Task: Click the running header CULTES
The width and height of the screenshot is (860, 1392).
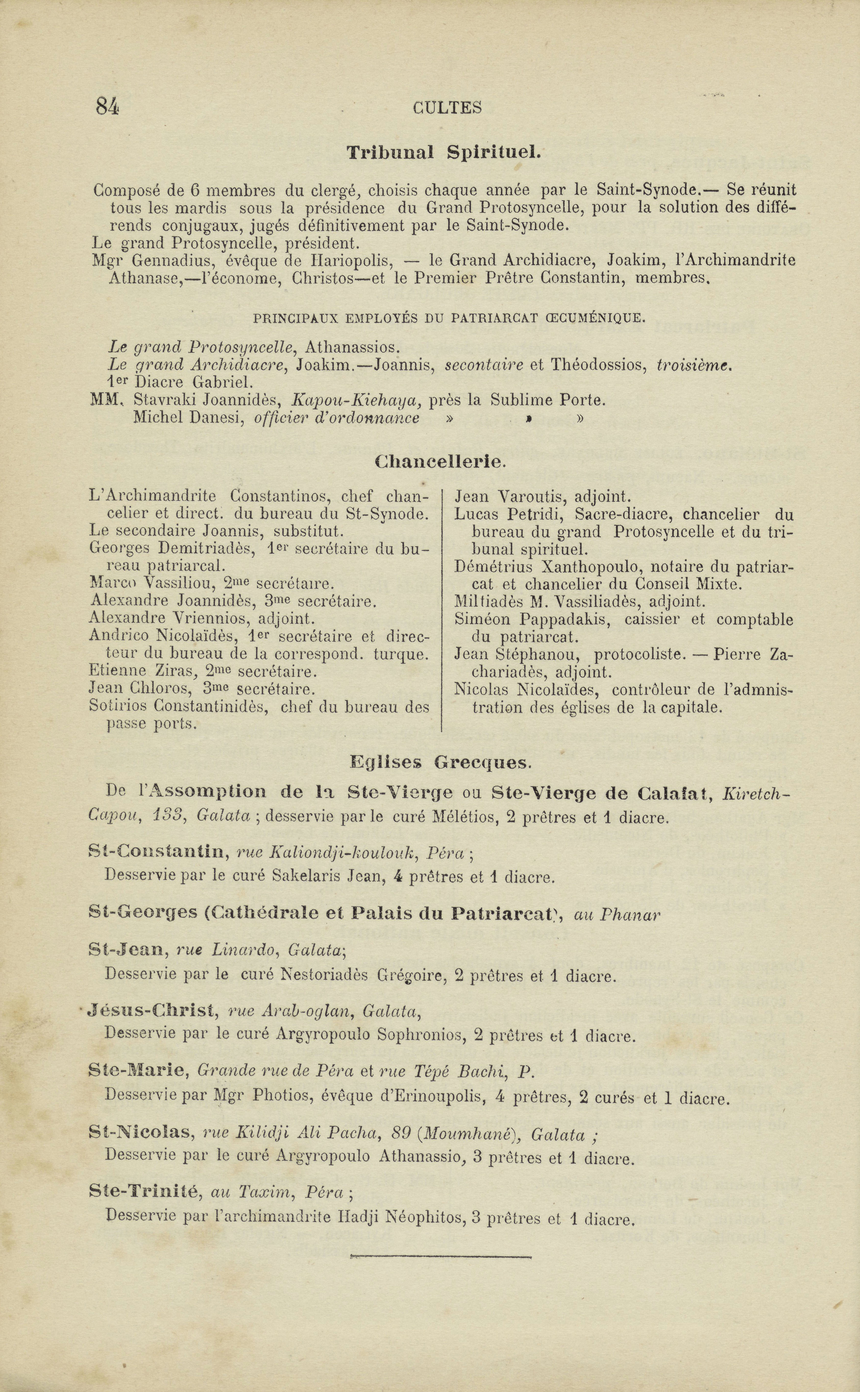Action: pos(447,108)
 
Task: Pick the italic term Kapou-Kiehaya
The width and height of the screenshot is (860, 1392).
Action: pos(356,400)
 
